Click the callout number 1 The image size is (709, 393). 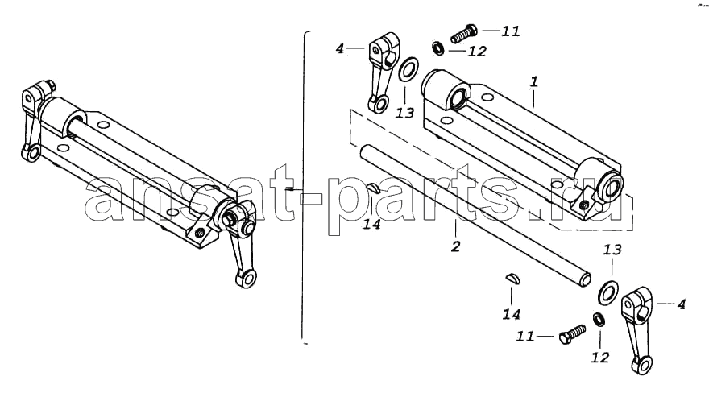(x=534, y=82)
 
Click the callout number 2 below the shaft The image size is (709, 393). (x=456, y=246)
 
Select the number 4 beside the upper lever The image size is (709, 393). (x=340, y=48)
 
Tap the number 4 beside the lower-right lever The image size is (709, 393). (x=682, y=304)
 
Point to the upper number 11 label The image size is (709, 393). (x=511, y=31)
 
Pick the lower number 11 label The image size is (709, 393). (x=525, y=337)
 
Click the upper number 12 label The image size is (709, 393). (x=477, y=51)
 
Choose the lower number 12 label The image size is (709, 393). (x=600, y=358)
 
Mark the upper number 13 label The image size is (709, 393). (x=404, y=113)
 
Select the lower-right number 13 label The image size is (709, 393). (x=612, y=250)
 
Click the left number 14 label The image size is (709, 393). (x=372, y=224)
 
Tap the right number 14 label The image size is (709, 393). (x=512, y=314)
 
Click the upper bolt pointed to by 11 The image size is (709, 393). (x=464, y=34)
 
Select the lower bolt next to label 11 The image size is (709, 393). (x=571, y=335)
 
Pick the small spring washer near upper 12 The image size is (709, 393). (x=437, y=48)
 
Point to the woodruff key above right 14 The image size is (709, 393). (x=513, y=279)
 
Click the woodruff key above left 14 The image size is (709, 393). (x=375, y=187)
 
